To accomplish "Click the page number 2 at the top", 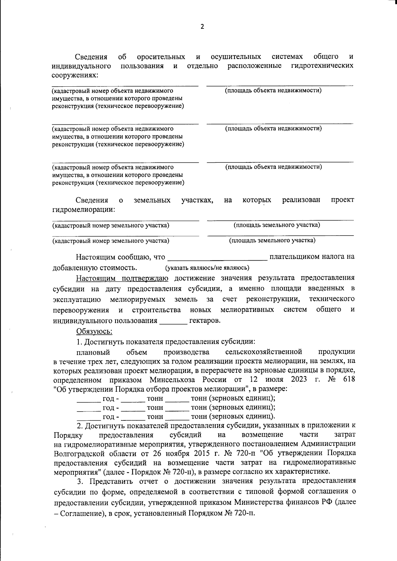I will (x=202, y=27).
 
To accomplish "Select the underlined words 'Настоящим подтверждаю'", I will (x=122, y=278).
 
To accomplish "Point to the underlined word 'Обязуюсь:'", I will (x=94, y=331).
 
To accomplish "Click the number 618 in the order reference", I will (x=349, y=379).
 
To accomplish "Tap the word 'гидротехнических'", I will (x=322, y=65).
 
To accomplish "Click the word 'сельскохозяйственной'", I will (x=263, y=351).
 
